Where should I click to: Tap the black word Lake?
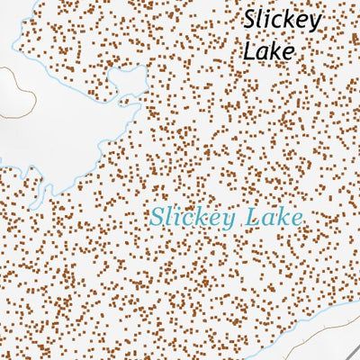[x=268, y=51]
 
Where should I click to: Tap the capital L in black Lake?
[x=247, y=50]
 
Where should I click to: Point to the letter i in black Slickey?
[x=269, y=21]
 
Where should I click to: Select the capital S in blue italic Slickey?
[x=157, y=217]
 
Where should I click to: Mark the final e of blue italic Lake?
[x=293, y=219]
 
